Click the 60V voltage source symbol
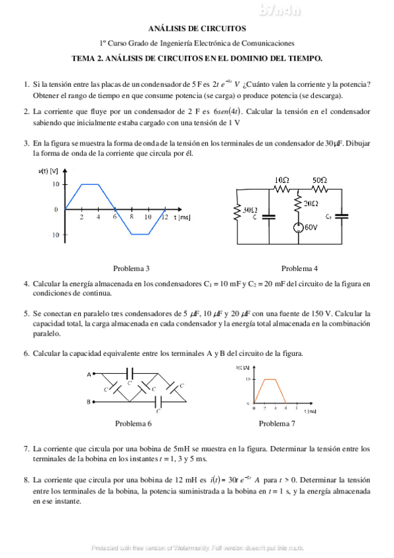pos(298,228)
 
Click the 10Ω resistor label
pos(282,180)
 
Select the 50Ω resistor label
pos(320,180)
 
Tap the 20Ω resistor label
pos(311,203)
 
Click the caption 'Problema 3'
pos(131,268)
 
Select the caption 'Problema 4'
pos(299,268)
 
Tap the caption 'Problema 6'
pos(134,423)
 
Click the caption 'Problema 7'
pos(277,423)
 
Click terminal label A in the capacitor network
pos(88,374)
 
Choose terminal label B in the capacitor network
pos(88,401)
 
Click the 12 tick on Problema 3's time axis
pos(164,217)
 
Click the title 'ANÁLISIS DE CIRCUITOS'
pos(197,28)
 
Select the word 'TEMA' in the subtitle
pos(84,59)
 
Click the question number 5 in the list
pos(26,314)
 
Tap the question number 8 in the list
pos(26,480)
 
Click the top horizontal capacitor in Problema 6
pos(130,371)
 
